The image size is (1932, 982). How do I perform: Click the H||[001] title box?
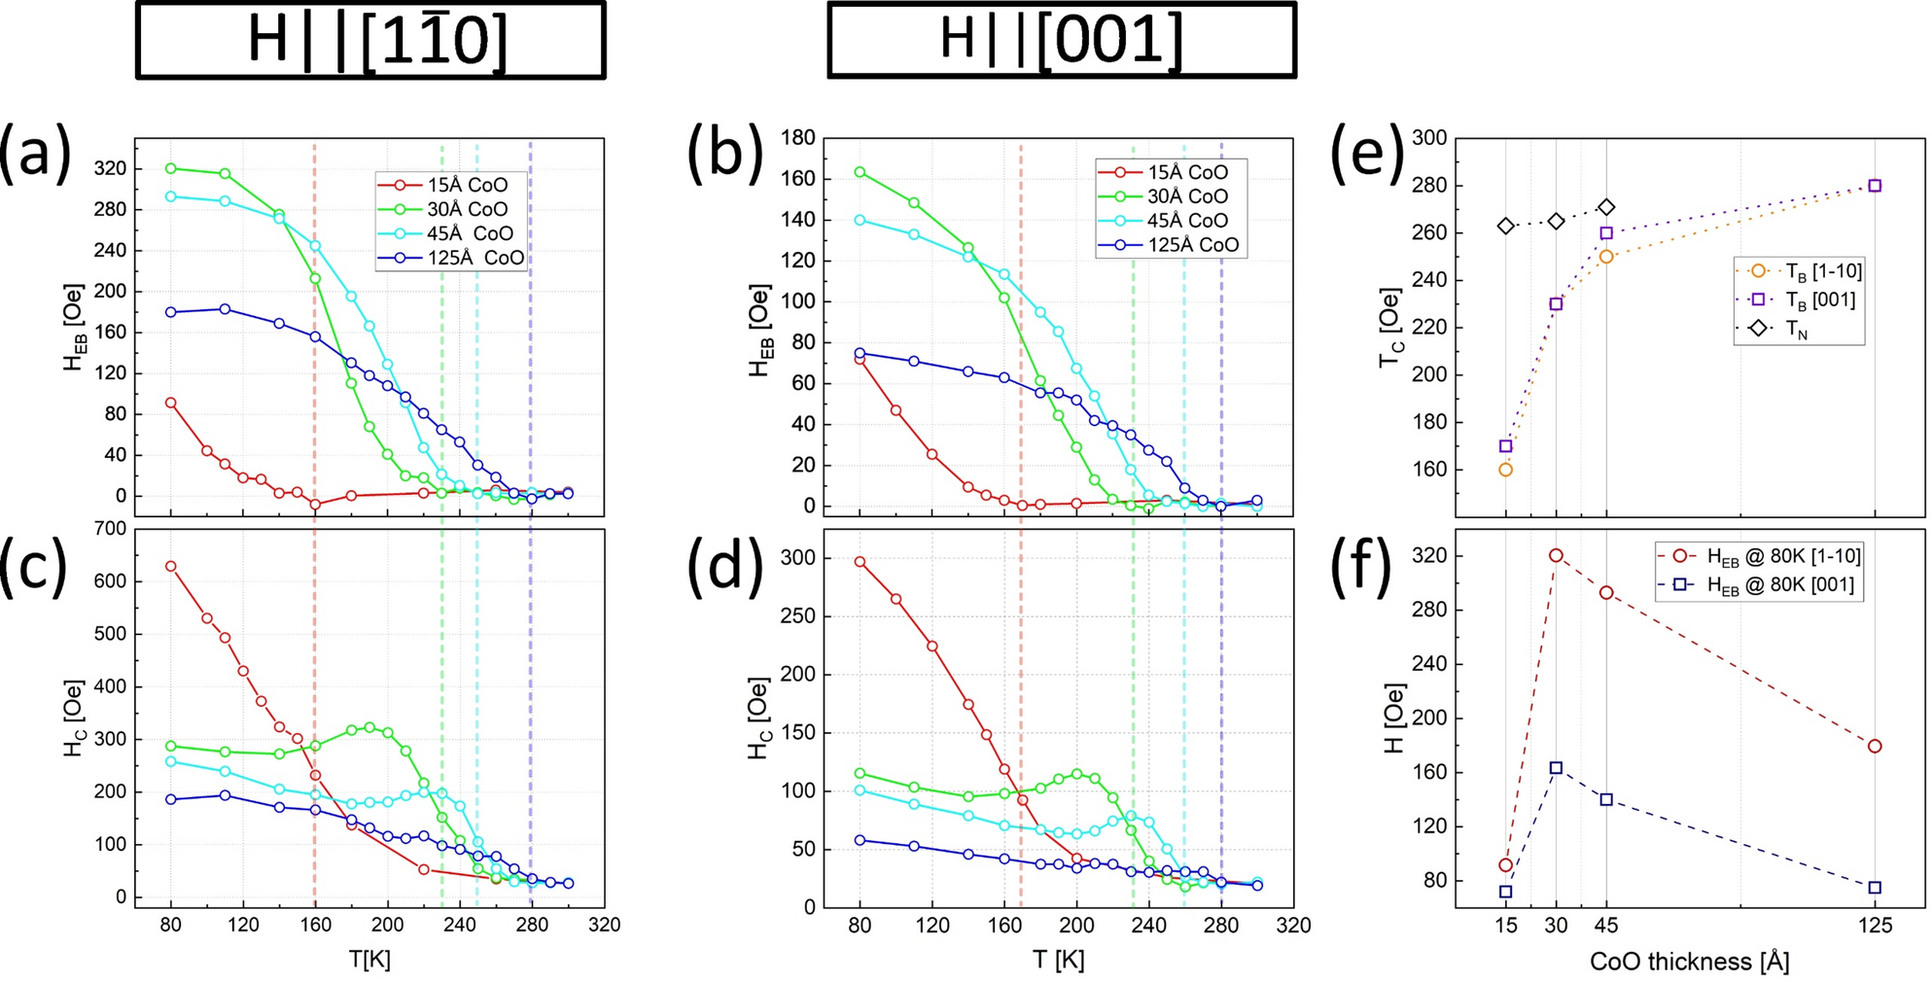pos(1061,40)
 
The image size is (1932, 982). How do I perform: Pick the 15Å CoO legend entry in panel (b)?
pos(1173,172)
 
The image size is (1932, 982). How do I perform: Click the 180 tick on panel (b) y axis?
pos(798,137)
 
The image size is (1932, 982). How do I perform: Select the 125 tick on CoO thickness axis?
pos(1875,926)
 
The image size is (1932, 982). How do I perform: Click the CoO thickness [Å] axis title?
pos(1689,962)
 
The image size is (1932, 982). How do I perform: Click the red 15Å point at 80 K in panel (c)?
pos(171,566)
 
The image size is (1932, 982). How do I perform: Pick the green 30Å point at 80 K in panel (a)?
pos(171,168)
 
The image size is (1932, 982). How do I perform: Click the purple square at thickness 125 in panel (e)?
pos(1875,186)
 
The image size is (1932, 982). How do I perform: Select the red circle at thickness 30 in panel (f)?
pos(1556,555)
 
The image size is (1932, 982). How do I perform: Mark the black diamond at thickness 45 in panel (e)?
pos(1606,207)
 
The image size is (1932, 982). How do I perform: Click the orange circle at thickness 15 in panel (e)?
pos(1505,470)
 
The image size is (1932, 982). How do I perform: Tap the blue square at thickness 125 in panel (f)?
pos(1875,888)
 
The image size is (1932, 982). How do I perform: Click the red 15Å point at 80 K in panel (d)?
pos(860,562)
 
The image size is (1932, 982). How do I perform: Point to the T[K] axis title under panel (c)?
pos(369,960)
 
